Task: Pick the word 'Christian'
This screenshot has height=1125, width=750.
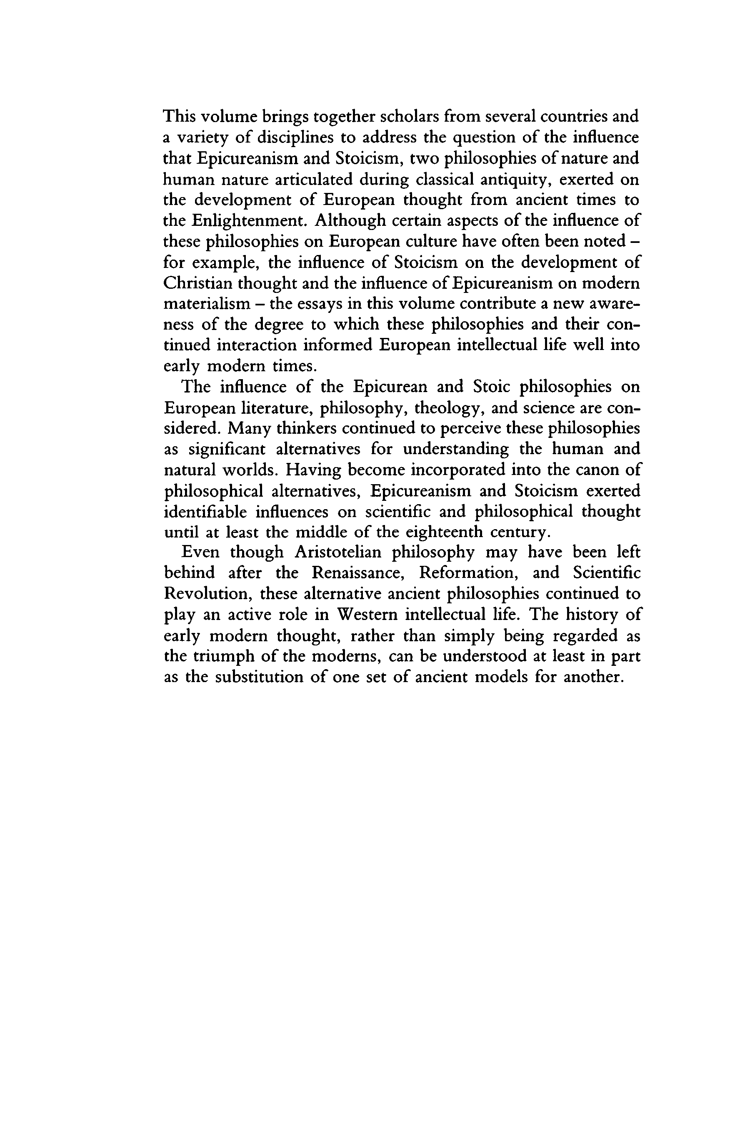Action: pos(197,283)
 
